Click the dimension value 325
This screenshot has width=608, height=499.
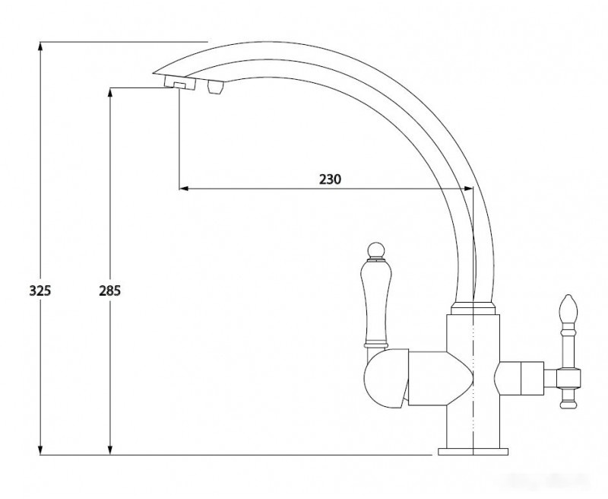(40, 291)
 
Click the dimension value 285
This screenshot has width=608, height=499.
(109, 291)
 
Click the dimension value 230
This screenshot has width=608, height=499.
(331, 180)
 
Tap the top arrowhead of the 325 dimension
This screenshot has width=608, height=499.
(40, 46)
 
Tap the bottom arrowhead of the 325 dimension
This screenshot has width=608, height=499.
(40, 450)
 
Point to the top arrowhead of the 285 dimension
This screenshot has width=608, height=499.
(110, 94)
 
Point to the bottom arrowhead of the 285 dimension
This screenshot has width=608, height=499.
(110, 450)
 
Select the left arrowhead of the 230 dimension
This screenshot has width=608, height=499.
(184, 189)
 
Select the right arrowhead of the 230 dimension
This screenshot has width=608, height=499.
(468, 189)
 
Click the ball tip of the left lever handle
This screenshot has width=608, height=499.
(375, 250)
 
